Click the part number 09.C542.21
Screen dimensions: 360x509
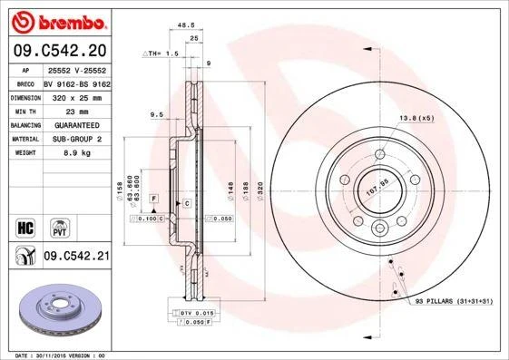[x=75, y=258]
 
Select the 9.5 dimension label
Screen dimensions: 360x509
[x=155, y=115]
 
